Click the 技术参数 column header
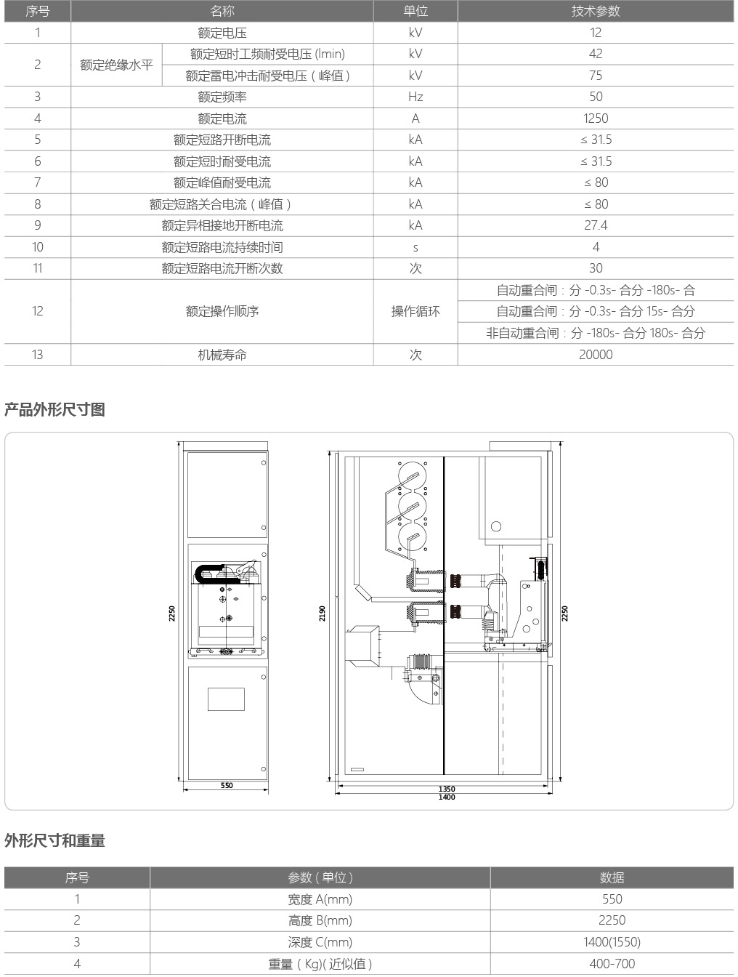596,11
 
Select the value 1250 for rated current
596,118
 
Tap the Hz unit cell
415,97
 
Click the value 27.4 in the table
596,225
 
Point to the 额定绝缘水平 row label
116,65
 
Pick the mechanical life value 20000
596,354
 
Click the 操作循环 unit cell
415,311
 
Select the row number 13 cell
37,354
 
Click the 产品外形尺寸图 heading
54,409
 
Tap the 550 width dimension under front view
227,785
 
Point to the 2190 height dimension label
323,614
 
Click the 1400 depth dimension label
447,797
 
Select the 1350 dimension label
447,789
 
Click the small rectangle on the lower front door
227,699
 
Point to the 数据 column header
612,877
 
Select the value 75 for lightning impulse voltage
596,75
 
